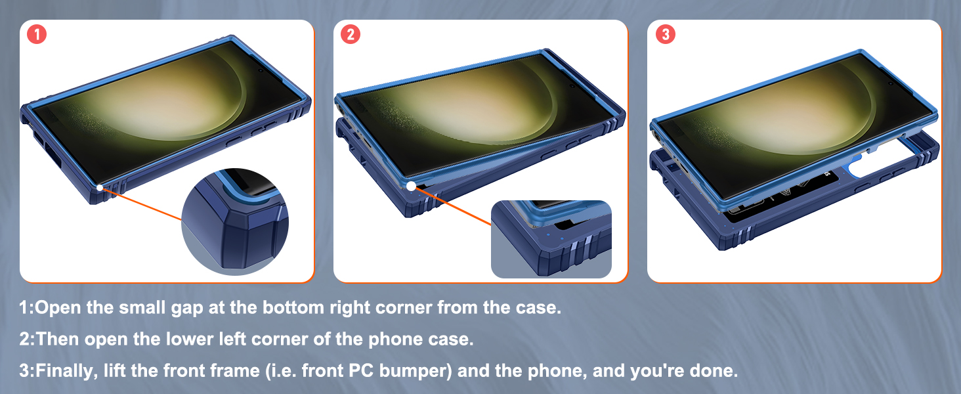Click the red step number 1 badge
pos(37,35)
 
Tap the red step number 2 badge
pos(351,35)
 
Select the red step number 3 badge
pos(665,35)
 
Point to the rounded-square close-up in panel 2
pos(551,239)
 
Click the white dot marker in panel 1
pos(98,188)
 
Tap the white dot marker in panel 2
pos(411,186)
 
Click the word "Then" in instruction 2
pos(58,339)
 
